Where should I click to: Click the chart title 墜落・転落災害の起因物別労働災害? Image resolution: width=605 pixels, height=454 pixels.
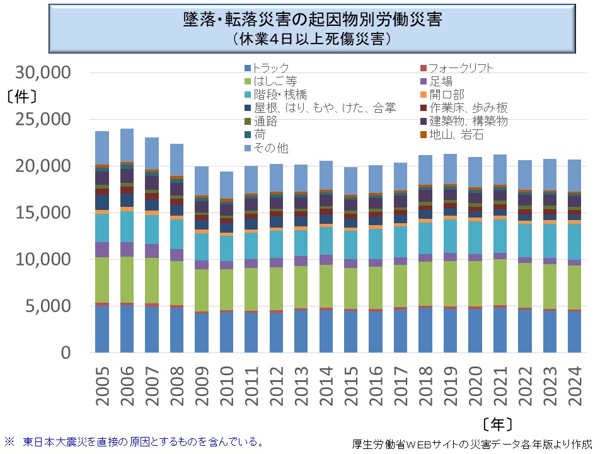point(308,19)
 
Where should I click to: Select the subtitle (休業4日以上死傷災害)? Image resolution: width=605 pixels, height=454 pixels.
point(308,38)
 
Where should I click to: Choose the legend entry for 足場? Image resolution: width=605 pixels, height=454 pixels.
point(441,81)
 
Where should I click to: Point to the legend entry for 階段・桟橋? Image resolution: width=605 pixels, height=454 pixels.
point(280,95)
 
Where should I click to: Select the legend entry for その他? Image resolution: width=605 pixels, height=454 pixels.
point(271,148)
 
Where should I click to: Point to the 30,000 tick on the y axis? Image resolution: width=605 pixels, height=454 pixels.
point(43,73)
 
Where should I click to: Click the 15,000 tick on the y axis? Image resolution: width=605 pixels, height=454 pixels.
point(43,213)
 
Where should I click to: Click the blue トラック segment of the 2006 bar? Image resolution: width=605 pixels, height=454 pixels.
point(127,329)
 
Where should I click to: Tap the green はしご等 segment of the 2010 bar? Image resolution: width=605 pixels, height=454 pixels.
point(227,290)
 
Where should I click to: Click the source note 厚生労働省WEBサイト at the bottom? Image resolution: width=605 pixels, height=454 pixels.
point(473,443)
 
